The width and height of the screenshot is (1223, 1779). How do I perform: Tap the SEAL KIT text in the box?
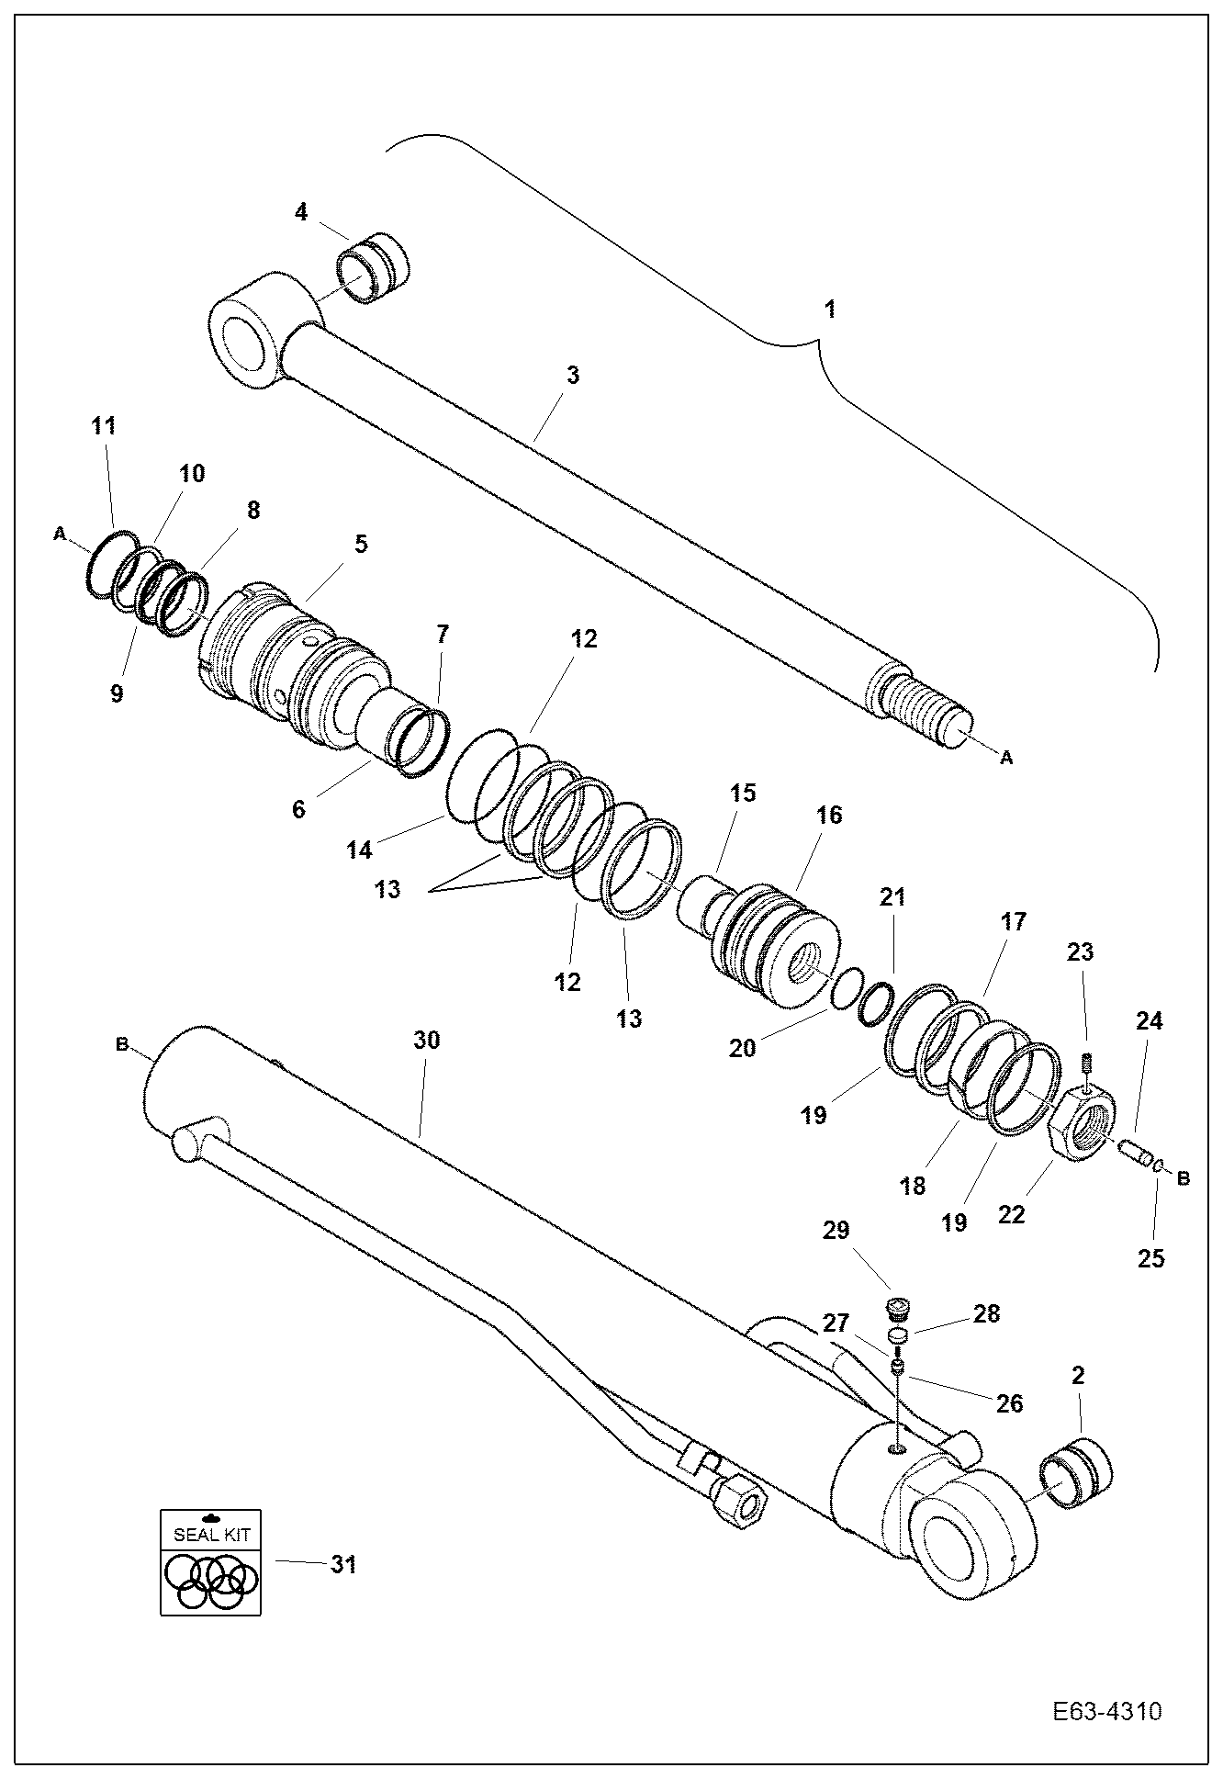coord(210,1534)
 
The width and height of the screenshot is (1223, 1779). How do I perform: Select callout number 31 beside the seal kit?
coord(343,1564)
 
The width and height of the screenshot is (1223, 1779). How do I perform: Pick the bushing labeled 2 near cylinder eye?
coord(1075,1475)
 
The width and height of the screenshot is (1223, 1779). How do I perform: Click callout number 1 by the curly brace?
coord(830,309)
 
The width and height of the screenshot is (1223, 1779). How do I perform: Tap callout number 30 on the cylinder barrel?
coord(427,1040)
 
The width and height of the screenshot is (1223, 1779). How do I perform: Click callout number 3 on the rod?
coord(573,376)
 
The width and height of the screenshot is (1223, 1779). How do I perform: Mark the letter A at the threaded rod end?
coord(1006,758)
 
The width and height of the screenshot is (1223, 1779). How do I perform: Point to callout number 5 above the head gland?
coord(361,544)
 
